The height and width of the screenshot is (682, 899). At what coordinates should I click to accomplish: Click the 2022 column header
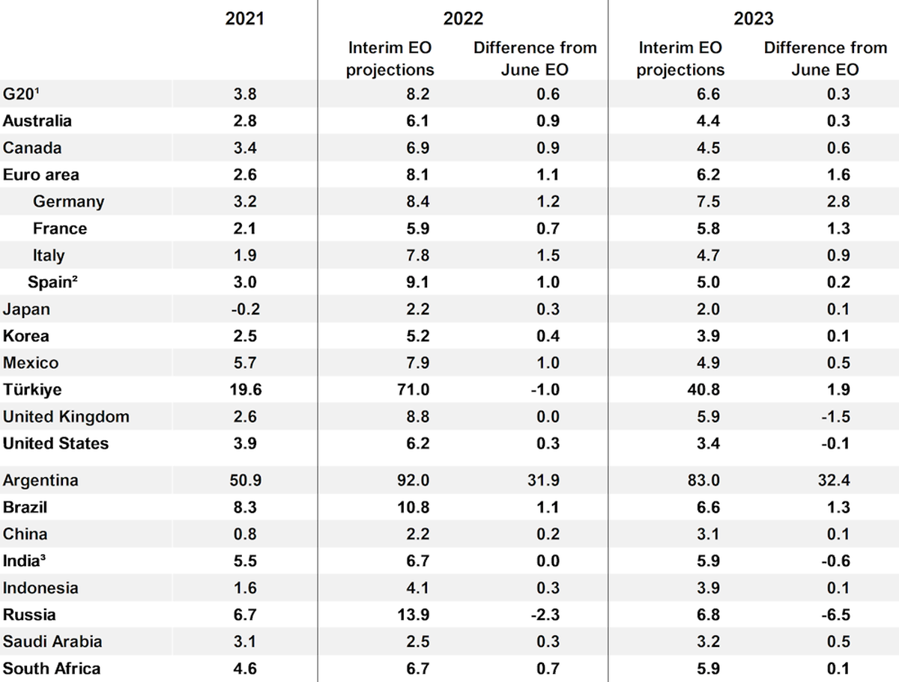tap(463, 19)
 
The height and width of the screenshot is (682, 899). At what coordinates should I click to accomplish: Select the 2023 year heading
tap(753, 19)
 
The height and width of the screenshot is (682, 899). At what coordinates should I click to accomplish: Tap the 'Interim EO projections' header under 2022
tap(390, 58)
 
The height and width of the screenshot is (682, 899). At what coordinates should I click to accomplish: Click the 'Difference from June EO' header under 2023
tap(825, 58)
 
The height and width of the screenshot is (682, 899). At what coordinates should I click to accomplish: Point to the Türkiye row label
tap(32, 389)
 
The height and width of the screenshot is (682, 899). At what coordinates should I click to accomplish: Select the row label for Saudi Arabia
tap(52, 641)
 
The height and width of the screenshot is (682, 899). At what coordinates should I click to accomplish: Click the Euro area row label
tap(40, 174)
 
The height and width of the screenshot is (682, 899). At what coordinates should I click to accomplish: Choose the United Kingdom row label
tap(66, 416)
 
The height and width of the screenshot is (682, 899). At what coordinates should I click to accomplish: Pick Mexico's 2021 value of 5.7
tap(244, 362)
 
